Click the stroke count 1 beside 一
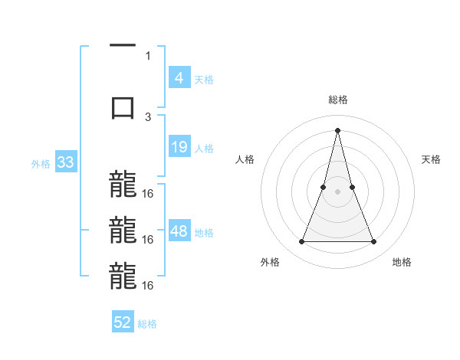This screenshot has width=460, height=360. click(148, 55)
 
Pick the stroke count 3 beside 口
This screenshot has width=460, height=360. click(148, 116)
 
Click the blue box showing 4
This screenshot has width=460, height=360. click(179, 78)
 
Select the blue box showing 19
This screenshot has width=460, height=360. click(179, 147)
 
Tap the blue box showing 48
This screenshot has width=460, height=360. click(179, 231)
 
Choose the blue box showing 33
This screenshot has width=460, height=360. click(64, 162)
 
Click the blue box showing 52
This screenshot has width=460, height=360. click(123, 322)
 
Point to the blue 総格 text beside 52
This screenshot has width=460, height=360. click(147, 324)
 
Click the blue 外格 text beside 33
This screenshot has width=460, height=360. click(41, 163)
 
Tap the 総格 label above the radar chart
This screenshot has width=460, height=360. click(337, 100)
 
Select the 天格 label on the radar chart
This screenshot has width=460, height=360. click(431, 159)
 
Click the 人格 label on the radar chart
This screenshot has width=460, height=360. click(245, 159)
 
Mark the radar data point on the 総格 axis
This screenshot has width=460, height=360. click(337, 129)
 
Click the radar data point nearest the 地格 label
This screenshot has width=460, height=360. click(373, 242)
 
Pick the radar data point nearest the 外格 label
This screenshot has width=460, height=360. click(301, 242)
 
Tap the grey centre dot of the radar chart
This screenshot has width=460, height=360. click(337, 192)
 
